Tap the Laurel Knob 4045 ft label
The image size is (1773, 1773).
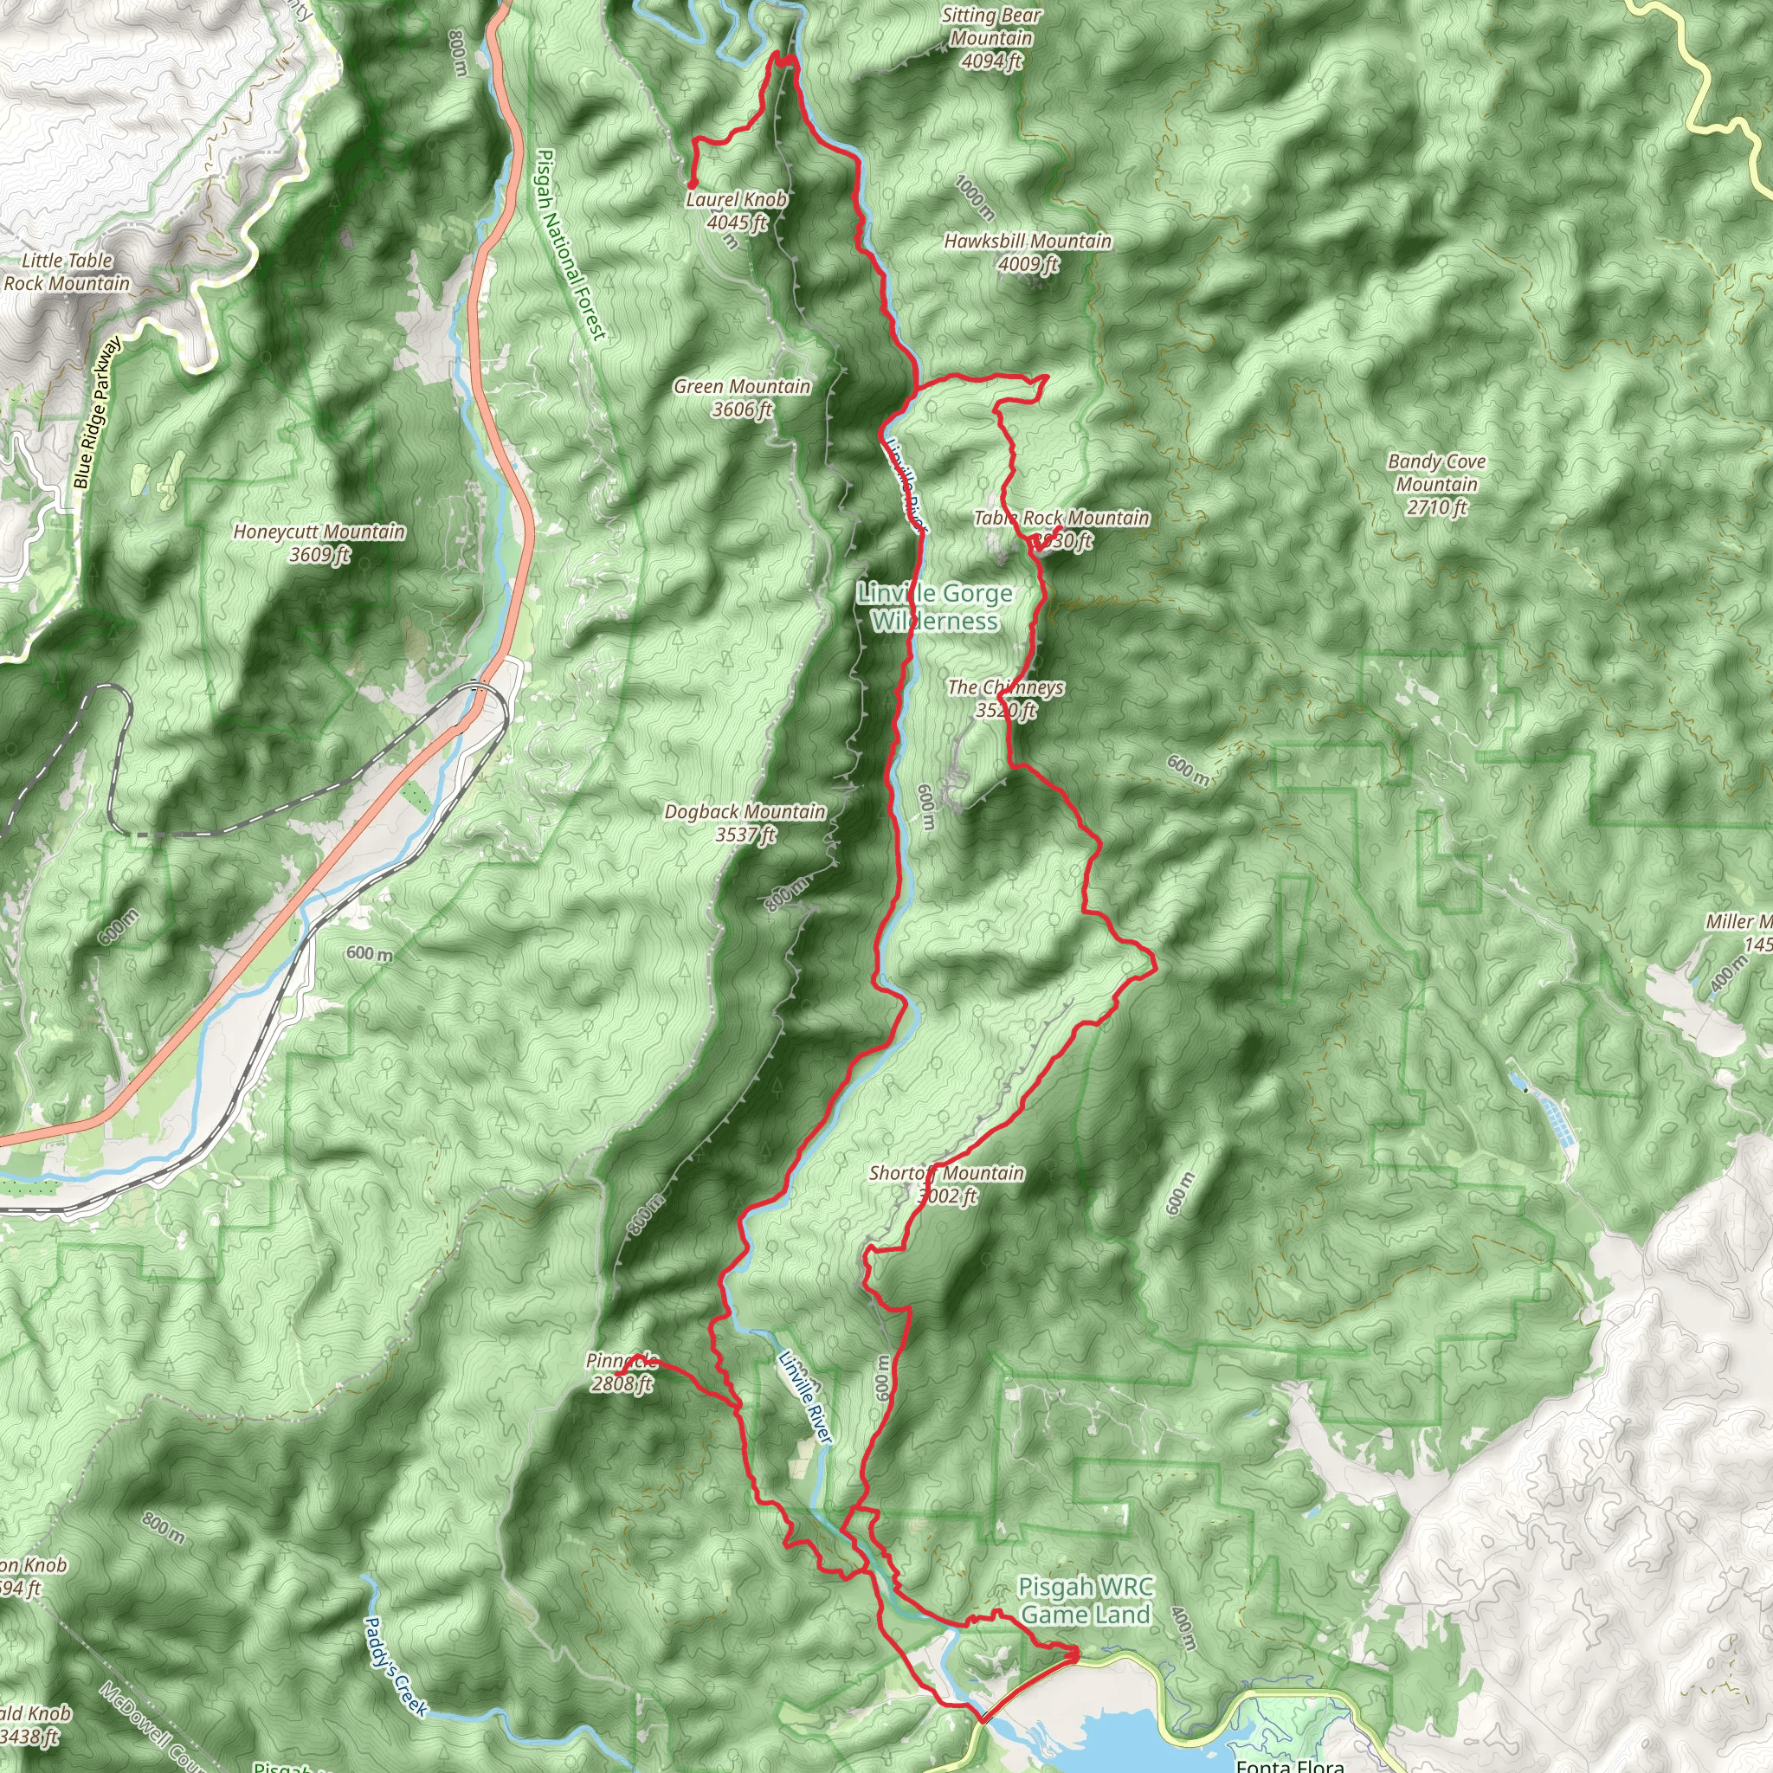click(x=736, y=210)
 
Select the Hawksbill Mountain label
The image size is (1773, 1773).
click(x=1028, y=251)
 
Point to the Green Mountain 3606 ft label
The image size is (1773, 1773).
click(x=742, y=397)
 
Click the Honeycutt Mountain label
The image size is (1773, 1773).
click(x=319, y=542)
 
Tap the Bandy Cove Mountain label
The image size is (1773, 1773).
click(x=1436, y=484)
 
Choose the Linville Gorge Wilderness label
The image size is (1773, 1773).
click(x=935, y=608)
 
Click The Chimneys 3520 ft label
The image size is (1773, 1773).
click(x=1006, y=699)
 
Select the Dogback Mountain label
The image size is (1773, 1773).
click(x=745, y=822)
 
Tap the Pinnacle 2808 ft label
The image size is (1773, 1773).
click(x=622, y=1372)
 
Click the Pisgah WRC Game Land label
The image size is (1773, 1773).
click(x=1086, y=1601)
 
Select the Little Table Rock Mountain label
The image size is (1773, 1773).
click(x=67, y=272)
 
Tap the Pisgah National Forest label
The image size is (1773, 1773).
click(x=570, y=244)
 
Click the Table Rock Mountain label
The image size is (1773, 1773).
click(x=1061, y=529)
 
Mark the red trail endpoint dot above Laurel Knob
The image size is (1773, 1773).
click(x=691, y=184)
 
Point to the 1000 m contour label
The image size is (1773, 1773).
click(x=974, y=197)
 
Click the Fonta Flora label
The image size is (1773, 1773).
click(x=1289, y=1763)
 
